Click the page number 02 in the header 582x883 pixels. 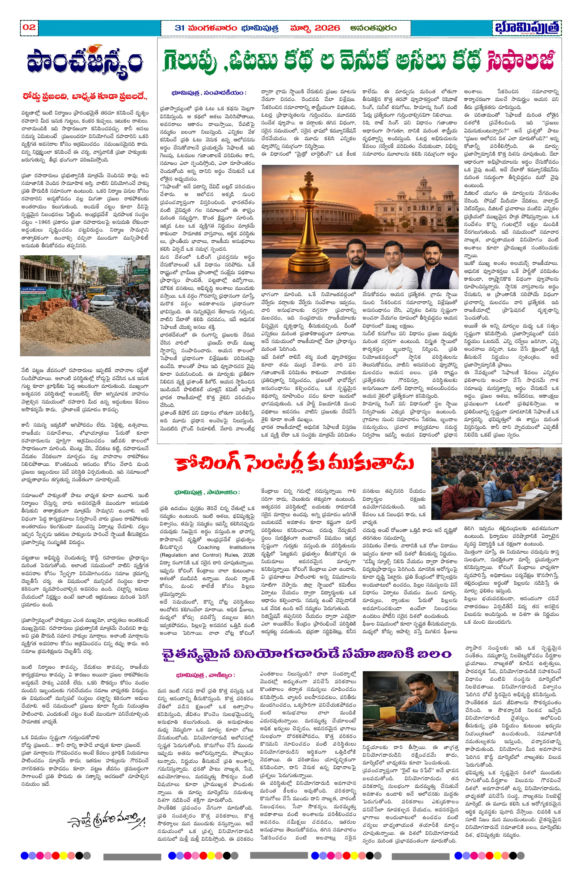(x=29, y=27)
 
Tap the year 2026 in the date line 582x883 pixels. (x=327, y=28)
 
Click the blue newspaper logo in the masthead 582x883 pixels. (x=527, y=28)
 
